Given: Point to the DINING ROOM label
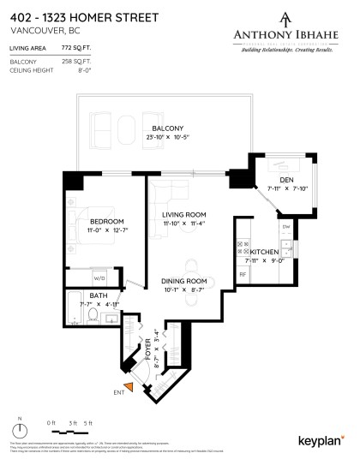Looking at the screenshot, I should pos(185,281).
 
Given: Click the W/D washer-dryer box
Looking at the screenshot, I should pos(99,277).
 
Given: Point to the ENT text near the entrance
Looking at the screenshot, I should pos(117,394).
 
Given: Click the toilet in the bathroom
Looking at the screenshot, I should pos(92,317).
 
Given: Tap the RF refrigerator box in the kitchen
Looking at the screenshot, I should pos(243,274).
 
